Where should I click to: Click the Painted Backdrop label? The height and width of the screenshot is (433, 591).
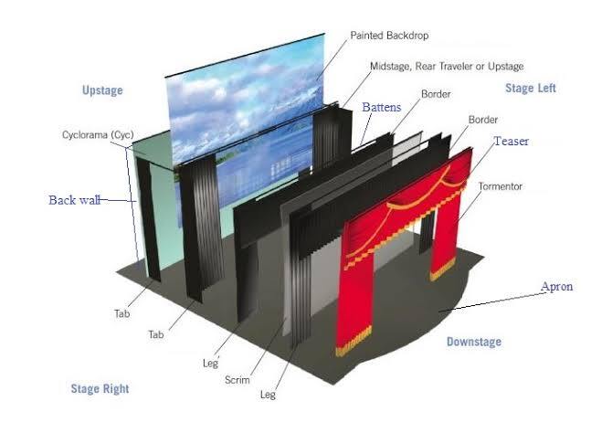coord(389,36)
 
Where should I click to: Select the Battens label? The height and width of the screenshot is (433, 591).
coord(382,107)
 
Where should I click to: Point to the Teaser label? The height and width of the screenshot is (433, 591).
coord(512,141)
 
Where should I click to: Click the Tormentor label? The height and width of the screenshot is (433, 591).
coord(501,186)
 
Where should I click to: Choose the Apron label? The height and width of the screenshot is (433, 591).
coord(556,287)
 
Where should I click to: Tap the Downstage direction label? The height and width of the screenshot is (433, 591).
coord(474,342)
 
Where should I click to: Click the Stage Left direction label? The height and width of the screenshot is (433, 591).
coord(531,89)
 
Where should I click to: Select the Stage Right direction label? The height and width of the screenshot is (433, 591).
coord(100,389)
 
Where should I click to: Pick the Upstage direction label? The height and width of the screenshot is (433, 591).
coord(102,90)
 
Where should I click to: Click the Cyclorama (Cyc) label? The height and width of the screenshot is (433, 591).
coord(98,135)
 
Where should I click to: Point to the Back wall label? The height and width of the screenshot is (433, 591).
coord(75,200)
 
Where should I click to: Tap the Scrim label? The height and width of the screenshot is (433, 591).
coord(237,380)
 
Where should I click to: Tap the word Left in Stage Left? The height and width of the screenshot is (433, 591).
coord(546,89)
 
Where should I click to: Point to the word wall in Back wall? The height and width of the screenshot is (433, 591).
coord(90,200)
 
